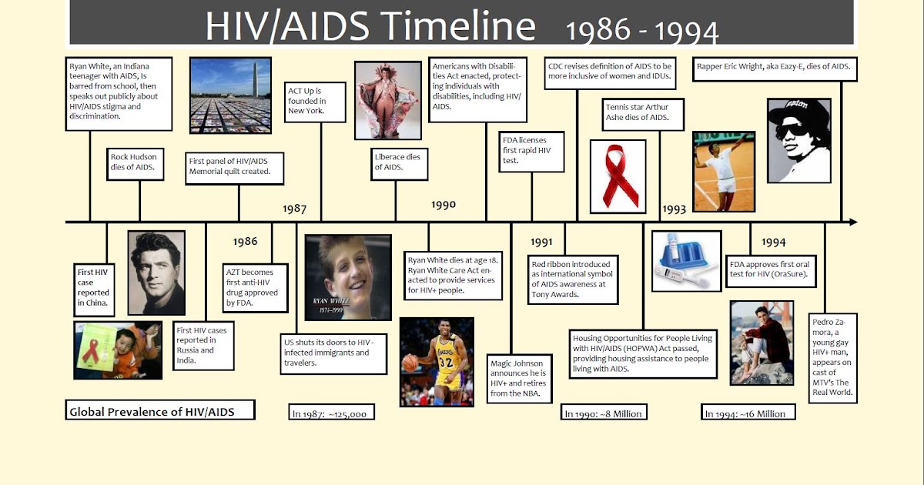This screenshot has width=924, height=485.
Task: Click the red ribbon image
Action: (618, 176)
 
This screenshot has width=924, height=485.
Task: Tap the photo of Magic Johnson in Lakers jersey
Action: (437, 362)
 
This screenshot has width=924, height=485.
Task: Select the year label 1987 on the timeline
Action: (294, 209)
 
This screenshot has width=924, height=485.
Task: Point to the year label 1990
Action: (444, 205)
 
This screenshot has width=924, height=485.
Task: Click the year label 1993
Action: (674, 209)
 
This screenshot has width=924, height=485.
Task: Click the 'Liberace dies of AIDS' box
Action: (398, 162)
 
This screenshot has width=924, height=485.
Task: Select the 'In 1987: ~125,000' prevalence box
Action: (333, 413)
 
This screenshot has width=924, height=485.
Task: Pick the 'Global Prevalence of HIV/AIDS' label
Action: (162, 411)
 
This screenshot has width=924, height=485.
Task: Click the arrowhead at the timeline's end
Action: (852, 222)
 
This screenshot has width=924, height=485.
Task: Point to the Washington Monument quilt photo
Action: (230, 95)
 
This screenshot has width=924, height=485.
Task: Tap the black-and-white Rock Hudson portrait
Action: (156, 273)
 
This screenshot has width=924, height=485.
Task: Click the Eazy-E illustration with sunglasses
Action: (798, 140)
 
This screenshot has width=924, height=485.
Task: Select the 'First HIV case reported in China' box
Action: (93, 287)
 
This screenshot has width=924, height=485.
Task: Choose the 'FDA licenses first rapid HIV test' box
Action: (531, 152)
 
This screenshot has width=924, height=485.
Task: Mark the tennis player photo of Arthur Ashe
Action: (724, 171)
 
